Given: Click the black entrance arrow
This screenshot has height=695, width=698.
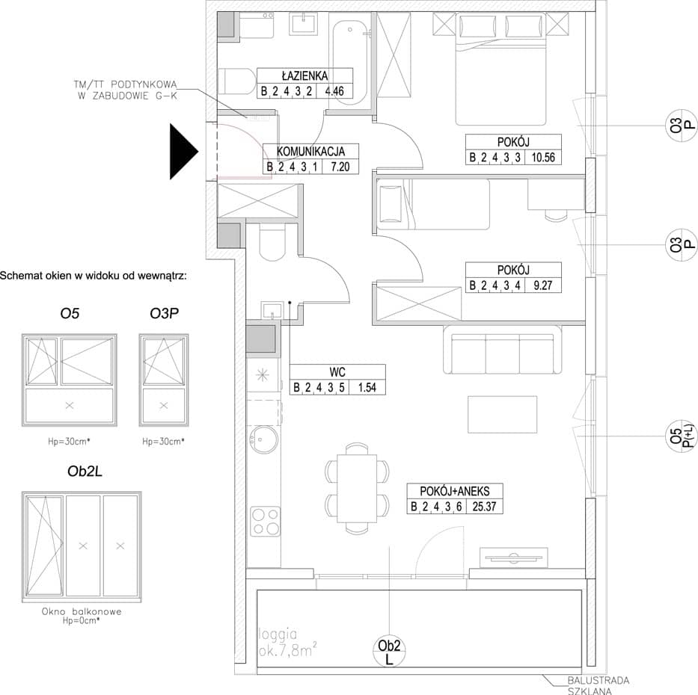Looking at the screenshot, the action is tap(183, 152).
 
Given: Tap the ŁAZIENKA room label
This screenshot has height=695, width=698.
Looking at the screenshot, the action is tap(305, 75).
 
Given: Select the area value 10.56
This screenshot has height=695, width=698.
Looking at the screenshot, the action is tap(543, 158).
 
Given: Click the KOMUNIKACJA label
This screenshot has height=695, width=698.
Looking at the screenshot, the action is tap(310, 151).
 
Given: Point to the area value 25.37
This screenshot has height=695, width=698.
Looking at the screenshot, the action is tap(484, 507).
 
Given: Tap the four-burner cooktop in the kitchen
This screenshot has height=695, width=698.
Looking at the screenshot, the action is tap(266, 521).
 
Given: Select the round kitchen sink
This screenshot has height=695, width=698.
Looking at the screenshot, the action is tap(263, 439).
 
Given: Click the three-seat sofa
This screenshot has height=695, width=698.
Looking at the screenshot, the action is tap(503, 350).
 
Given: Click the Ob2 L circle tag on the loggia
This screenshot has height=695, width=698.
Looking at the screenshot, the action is tap(389, 652).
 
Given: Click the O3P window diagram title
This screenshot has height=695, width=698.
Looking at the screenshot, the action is tap(164, 313).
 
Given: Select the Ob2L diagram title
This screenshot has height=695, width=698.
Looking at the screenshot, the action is tap(85, 472).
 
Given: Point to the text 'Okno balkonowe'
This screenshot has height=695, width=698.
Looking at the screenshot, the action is tap(82, 611).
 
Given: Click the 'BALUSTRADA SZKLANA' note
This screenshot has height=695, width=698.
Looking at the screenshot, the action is tap(598, 685).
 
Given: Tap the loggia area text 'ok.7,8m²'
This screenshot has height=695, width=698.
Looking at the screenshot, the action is tap(288, 651).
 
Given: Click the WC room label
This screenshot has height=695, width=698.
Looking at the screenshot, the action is tap(337, 371).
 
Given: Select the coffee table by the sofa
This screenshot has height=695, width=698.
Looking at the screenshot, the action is tap(502, 414).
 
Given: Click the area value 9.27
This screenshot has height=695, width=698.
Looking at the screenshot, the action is tap(542, 285).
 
